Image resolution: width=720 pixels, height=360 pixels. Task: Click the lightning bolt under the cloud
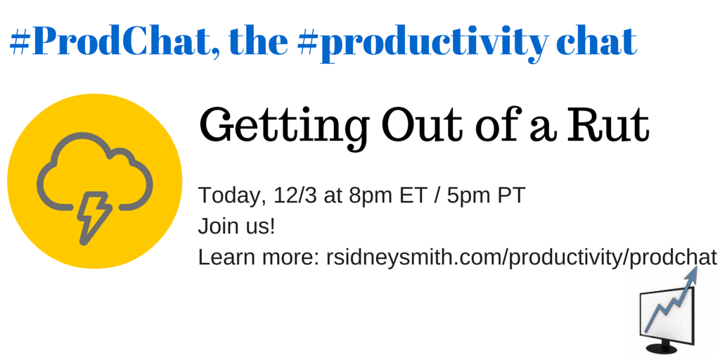(94, 217)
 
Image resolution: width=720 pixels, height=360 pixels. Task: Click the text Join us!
(236, 227)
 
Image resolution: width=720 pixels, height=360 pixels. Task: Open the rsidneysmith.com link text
(521, 258)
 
